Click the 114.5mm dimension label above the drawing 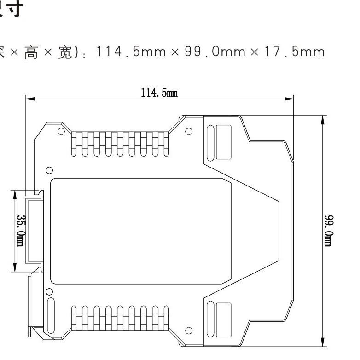[x=159, y=93]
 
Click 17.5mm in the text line [x=303, y=52]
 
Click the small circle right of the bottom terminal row [x=188, y=331]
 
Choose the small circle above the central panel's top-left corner [x=50, y=169]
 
